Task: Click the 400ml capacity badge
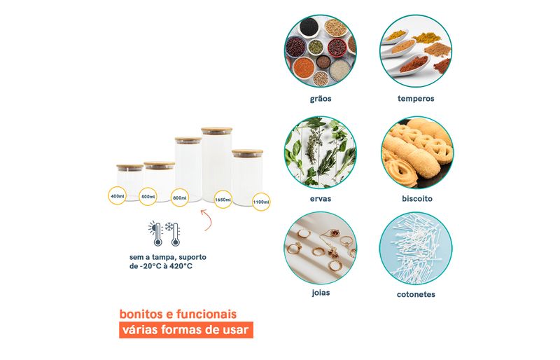point(117,195)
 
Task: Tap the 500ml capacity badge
point(148,196)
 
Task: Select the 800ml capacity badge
point(180,198)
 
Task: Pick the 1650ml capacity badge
point(223,199)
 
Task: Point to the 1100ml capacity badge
point(261,202)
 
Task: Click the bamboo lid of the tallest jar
point(216,130)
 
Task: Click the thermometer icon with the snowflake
point(173,234)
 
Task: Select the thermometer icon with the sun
point(155,234)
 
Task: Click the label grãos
point(321,99)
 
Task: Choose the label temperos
point(416,99)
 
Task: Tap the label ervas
point(321,198)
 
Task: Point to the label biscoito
point(416,198)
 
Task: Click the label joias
point(321,293)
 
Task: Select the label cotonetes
point(416,294)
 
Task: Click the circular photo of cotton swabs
point(416,249)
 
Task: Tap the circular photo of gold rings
point(321,248)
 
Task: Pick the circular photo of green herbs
point(321,152)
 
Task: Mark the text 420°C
point(181,266)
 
